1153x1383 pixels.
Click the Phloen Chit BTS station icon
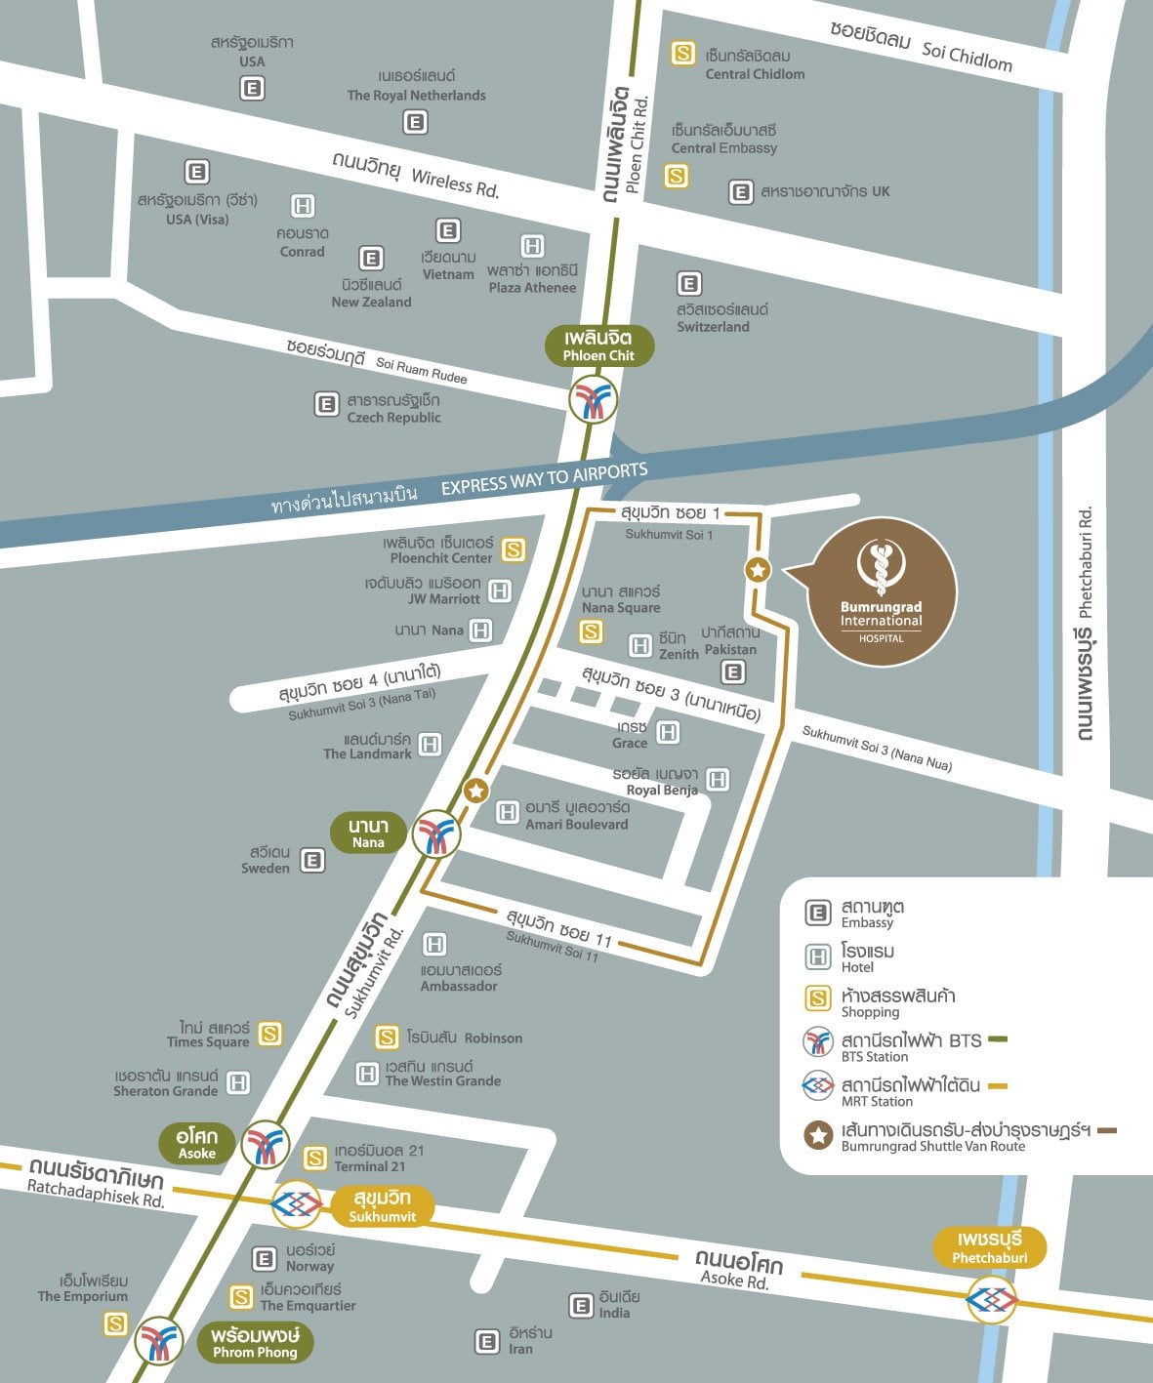594,401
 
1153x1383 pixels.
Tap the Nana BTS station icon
435,834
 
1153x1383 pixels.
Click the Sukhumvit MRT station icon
297,1205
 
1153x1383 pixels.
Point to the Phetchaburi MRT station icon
991,1299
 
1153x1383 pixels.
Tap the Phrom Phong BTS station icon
158,1341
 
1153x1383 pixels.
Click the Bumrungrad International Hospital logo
881,591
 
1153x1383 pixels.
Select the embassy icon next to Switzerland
689,284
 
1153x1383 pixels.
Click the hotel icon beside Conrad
303,206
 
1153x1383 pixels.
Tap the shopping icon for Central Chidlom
683,54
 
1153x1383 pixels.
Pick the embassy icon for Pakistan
732,671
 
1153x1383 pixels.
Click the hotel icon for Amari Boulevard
507,812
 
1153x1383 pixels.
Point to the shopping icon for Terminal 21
314,1159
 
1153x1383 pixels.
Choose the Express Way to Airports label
543,478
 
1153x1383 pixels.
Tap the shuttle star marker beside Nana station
475,791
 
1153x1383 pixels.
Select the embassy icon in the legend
817,913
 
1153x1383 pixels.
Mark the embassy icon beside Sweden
312,860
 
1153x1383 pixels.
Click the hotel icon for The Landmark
430,745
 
